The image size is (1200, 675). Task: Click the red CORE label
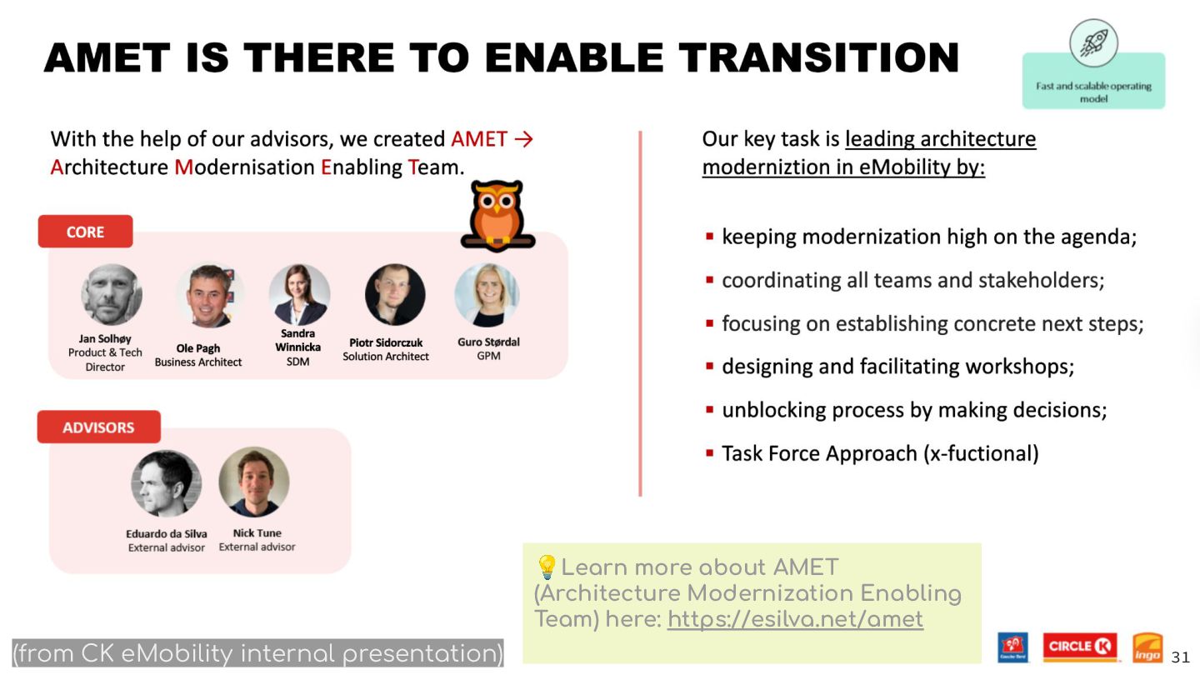[85, 232]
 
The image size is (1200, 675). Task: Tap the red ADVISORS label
[98, 427]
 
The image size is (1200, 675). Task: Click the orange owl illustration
[497, 216]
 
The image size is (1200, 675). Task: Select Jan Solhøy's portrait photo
[112, 294]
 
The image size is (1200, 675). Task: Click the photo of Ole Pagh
[209, 295]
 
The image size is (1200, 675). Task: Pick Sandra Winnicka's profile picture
[299, 294]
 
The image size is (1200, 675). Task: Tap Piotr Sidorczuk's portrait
[395, 294]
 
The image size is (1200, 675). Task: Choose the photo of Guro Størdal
[487, 295]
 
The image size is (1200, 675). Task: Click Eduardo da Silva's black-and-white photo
[166, 483]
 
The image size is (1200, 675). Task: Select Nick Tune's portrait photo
[254, 482]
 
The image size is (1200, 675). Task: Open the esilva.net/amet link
[795, 619]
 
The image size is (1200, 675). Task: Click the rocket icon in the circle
[1093, 43]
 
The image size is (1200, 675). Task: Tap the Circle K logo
[1079, 647]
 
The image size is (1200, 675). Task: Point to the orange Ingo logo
[1147, 647]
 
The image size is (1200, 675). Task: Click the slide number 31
[1180, 657]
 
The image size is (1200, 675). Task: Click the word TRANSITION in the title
[818, 57]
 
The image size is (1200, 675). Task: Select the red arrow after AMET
[524, 139]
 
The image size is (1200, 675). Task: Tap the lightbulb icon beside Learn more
[547, 567]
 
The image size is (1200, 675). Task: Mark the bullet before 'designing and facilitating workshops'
[710, 367]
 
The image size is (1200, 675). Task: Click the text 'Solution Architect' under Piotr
[386, 357]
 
